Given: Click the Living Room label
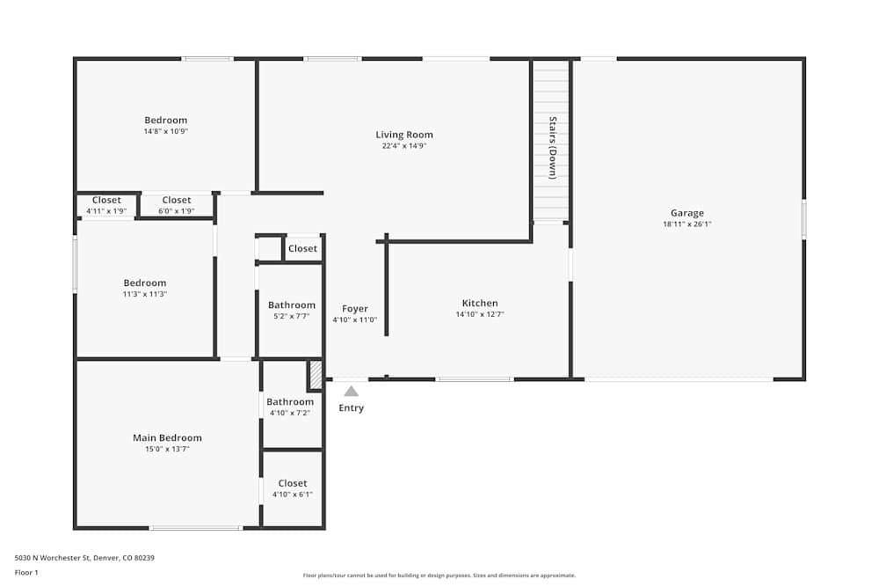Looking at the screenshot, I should pyautogui.click(x=404, y=135).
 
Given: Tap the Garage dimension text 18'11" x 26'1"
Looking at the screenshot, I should pyautogui.click(x=687, y=224).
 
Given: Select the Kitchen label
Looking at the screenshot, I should pyautogui.click(x=480, y=303).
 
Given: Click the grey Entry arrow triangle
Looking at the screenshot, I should pyautogui.click(x=351, y=391).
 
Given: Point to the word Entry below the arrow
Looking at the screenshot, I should pyautogui.click(x=351, y=407).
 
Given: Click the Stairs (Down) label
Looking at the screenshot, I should pyautogui.click(x=553, y=147).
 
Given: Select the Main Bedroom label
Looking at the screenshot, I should pyautogui.click(x=167, y=437).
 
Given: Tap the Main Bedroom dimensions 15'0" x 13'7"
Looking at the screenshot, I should pyautogui.click(x=167, y=449).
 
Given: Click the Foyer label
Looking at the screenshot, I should pyautogui.click(x=355, y=309).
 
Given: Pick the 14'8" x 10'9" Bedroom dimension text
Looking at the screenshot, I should pyautogui.click(x=166, y=131).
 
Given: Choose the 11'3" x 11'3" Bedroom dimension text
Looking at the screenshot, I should pyautogui.click(x=145, y=295).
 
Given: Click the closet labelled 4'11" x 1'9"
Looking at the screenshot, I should pyautogui.click(x=106, y=205).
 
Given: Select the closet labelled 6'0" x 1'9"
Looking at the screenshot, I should pyautogui.click(x=177, y=205).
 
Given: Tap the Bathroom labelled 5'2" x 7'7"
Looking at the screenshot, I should pyautogui.click(x=292, y=310).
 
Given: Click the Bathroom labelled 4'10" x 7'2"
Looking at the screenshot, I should pyautogui.click(x=290, y=407).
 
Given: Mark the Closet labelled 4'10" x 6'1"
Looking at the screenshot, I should pyautogui.click(x=293, y=488).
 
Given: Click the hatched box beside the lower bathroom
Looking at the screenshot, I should pyautogui.click(x=315, y=376).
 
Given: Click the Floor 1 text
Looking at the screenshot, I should pyautogui.click(x=26, y=572).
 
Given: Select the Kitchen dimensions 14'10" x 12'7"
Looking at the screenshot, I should pyautogui.click(x=480, y=314).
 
